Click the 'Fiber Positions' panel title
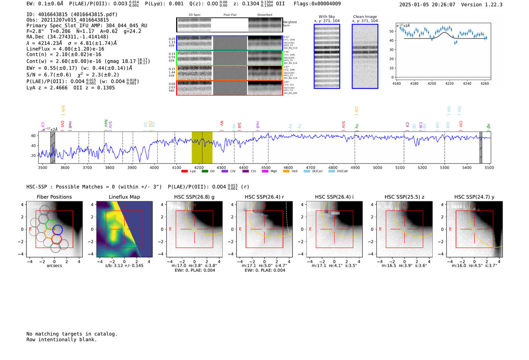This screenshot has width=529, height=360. (54, 197)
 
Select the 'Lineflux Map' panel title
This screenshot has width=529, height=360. (124, 197)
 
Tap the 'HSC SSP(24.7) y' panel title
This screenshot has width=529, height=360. (474, 197)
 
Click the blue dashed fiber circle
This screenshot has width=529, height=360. (57, 229)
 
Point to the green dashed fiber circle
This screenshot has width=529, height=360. (50, 225)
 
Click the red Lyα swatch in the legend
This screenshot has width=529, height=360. (184, 172)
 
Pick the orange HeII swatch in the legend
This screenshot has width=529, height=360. (286, 172)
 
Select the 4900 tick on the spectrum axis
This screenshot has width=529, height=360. (355, 168)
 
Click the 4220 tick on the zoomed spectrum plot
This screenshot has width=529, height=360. (449, 83)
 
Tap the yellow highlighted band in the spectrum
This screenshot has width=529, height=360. (202, 147)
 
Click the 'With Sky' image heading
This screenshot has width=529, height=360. (327, 17)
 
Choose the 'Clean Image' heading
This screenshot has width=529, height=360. (365, 17)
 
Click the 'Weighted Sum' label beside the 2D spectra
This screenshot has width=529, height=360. (289, 24)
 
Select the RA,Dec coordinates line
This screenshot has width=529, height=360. (67, 37)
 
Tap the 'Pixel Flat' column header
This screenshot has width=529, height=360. (230, 15)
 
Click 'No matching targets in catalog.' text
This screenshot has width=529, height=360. (72, 334)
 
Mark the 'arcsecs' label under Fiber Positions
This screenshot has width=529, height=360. (54, 266)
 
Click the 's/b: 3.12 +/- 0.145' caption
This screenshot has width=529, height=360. (124, 266)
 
